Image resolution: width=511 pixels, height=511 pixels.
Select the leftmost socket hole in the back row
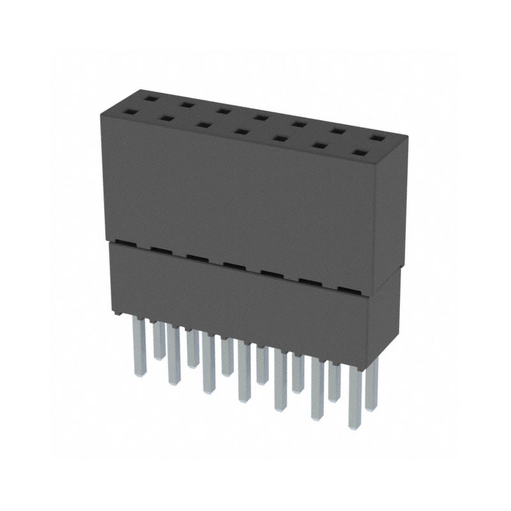click(x=149, y=99)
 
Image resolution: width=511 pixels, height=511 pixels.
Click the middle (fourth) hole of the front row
click(x=241, y=132)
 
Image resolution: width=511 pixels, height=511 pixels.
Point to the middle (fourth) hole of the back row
click(x=260, y=117)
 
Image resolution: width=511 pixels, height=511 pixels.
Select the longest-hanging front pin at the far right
click(x=355, y=396)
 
